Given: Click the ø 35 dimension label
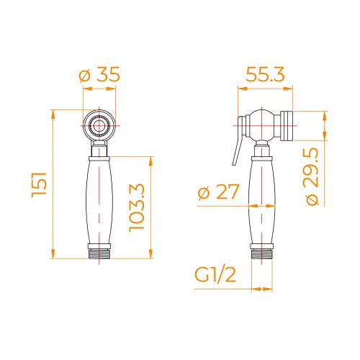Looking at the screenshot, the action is (99, 75).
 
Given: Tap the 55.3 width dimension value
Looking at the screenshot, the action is (265, 74).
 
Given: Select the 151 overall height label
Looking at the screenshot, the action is (39, 184).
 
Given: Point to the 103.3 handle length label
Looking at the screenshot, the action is (137, 208).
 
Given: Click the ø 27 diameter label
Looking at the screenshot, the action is (219, 192).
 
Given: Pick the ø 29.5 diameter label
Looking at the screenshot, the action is (312, 176).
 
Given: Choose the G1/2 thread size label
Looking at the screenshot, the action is (215, 275).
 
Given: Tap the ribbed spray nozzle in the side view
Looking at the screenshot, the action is (287, 126).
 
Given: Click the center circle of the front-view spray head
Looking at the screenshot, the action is (99, 125).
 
